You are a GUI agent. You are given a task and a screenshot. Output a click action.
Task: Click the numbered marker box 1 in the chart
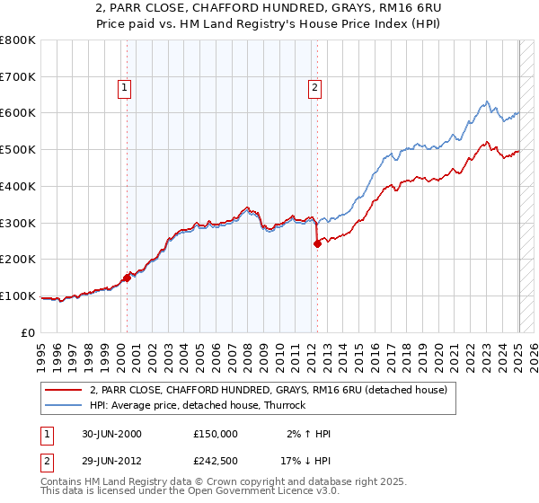click(x=124, y=87)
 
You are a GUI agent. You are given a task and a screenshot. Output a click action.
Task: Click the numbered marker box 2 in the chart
click(x=315, y=87)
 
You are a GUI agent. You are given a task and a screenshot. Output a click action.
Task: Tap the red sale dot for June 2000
click(x=128, y=278)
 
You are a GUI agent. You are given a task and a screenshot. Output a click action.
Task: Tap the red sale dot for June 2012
click(x=317, y=243)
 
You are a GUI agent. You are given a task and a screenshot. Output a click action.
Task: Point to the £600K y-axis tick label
click(x=18, y=113)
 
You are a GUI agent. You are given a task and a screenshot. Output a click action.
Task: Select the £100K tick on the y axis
click(x=18, y=296)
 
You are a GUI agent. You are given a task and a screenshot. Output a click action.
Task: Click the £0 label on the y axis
click(x=29, y=332)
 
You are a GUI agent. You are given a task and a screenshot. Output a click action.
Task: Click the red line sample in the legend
click(x=63, y=390)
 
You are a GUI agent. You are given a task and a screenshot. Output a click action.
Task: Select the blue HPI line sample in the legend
click(x=63, y=405)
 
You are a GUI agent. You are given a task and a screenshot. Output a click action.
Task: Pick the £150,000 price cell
click(x=214, y=434)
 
